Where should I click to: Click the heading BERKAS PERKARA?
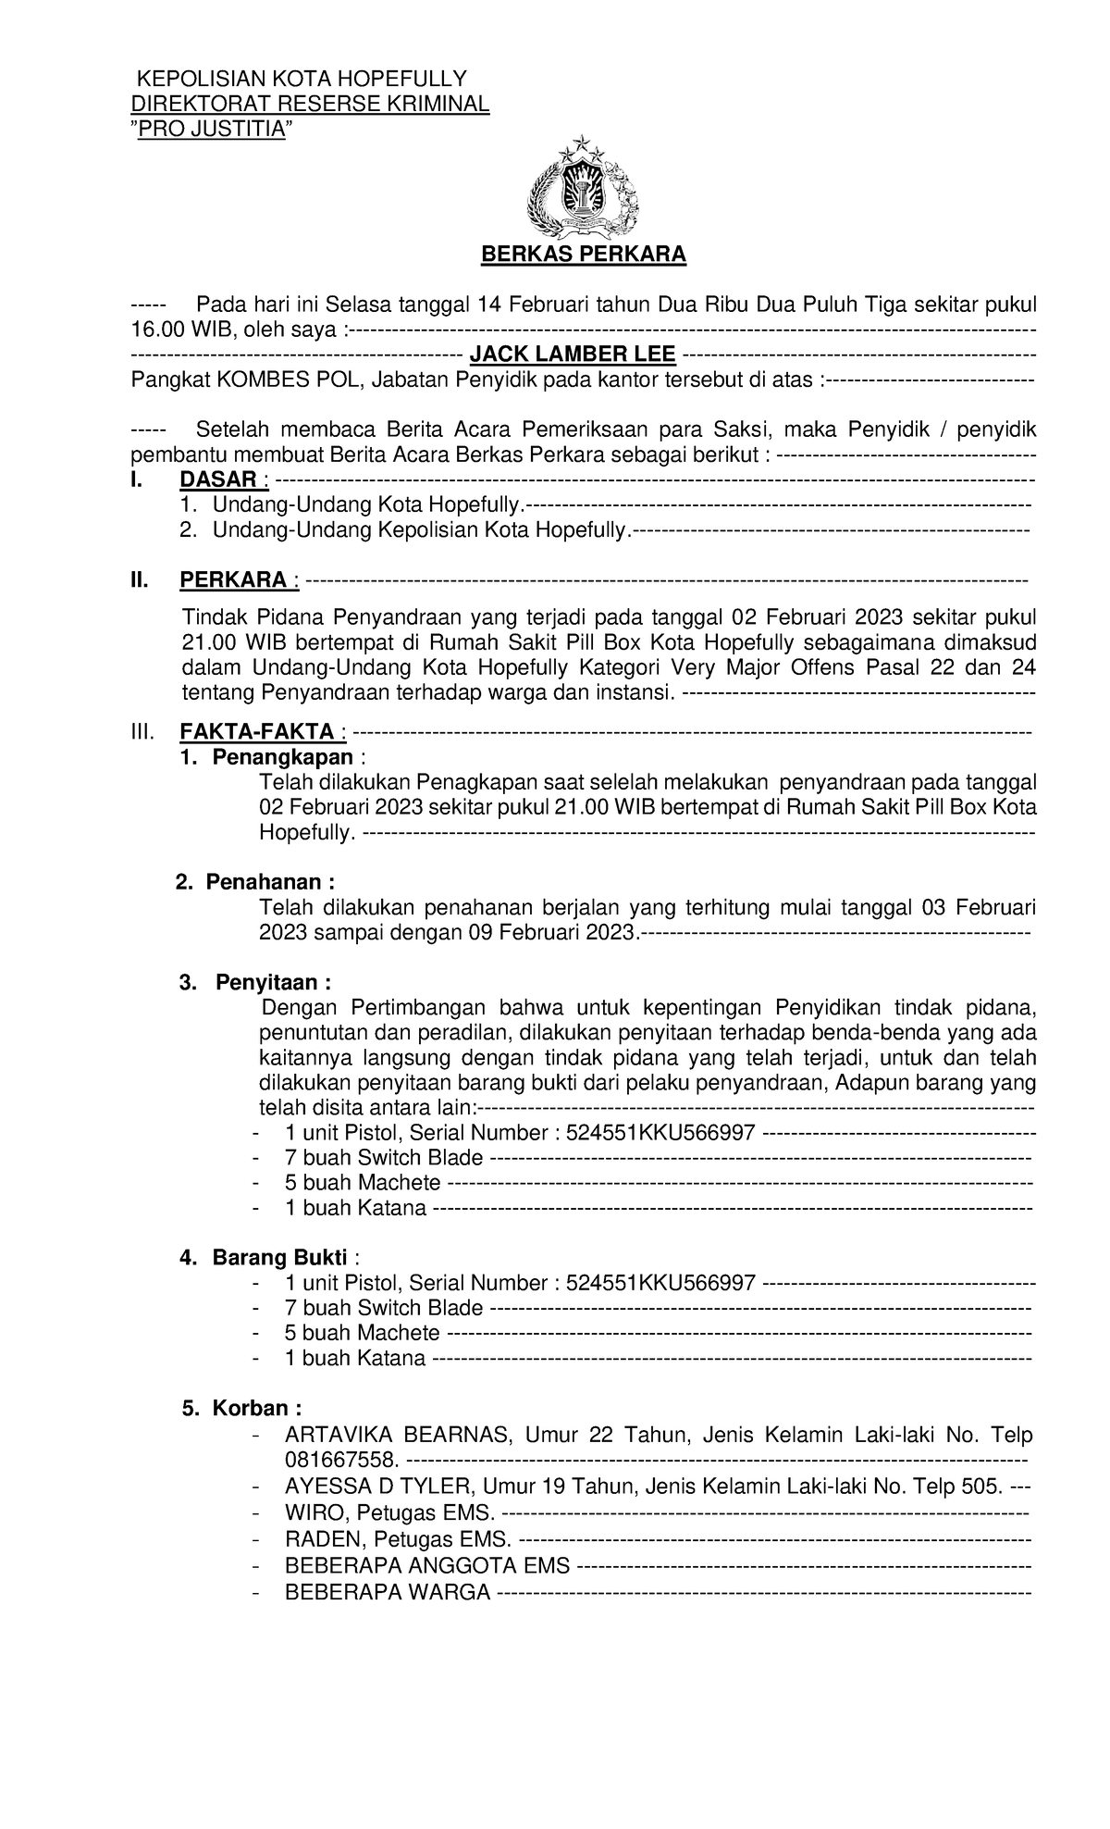(583, 255)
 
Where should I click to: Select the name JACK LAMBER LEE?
(573, 354)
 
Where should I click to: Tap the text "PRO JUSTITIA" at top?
(209, 129)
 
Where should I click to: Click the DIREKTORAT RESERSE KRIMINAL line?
(310, 104)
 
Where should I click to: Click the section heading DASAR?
(217, 479)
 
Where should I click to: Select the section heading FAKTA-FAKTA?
(257, 731)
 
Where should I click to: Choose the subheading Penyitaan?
(273, 982)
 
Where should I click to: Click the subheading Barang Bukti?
(279, 1258)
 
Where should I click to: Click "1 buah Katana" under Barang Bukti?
(355, 1359)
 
